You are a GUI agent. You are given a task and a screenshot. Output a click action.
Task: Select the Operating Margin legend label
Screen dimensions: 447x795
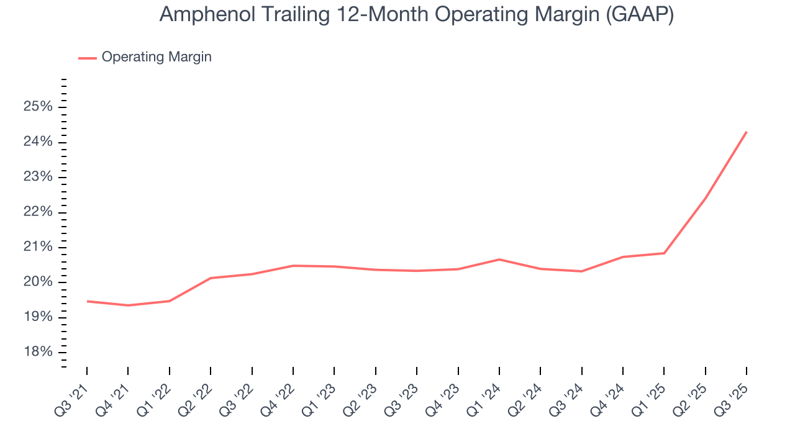pyautogui.click(x=157, y=57)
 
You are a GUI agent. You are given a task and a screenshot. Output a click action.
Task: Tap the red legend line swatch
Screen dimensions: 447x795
pyautogui.click(x=87, y=58)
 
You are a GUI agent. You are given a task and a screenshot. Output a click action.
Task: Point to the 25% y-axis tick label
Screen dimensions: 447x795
pyautogui.click(x=37, y=107)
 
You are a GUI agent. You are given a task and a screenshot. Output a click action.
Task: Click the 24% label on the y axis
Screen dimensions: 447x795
pyautogui.click(x=37, y=142)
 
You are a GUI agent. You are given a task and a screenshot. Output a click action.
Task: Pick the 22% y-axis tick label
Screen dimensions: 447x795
pyautogui.click(x=37, y=212)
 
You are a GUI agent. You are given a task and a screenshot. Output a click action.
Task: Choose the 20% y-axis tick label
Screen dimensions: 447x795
pyautogui.click(x=37, y=282)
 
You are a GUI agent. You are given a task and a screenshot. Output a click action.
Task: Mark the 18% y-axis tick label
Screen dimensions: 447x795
pyautogui.click(x=37, y=353)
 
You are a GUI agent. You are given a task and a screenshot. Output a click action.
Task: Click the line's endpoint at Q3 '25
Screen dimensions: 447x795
pyautogui.click(x=747, y=132)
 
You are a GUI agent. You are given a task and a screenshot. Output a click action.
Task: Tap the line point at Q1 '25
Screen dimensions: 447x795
pyautogui.click(x=664, y=253)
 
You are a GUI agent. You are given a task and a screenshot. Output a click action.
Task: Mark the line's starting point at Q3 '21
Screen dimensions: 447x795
pyautogui.click(x=87, y=301)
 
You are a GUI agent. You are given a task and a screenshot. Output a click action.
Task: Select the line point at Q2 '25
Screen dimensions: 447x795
pyautogui.click(x=706, y=198)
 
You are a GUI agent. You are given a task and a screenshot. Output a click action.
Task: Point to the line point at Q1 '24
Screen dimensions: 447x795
pyautogui.click(x=499, y=260)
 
